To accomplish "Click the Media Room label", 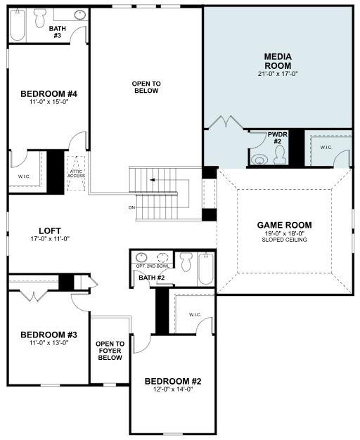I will tap(278, 60).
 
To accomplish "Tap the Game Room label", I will tap(284, 226).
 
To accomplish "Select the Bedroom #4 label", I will tap(49, 94).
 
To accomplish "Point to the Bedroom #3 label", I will tap(49, 335).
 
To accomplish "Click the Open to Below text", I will tap(146, 87).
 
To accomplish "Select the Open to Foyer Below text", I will tap(109, 351).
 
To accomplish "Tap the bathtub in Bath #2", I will tap(206, 268).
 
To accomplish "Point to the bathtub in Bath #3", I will tap(18, 26).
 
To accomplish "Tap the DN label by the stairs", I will tap(131, 207).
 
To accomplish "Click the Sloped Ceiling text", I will tap(284, 240).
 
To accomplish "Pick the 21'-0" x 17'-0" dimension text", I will tap(278, 73).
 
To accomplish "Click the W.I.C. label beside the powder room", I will tap(326, 147).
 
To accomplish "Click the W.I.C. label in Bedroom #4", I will tap(24, 176).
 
